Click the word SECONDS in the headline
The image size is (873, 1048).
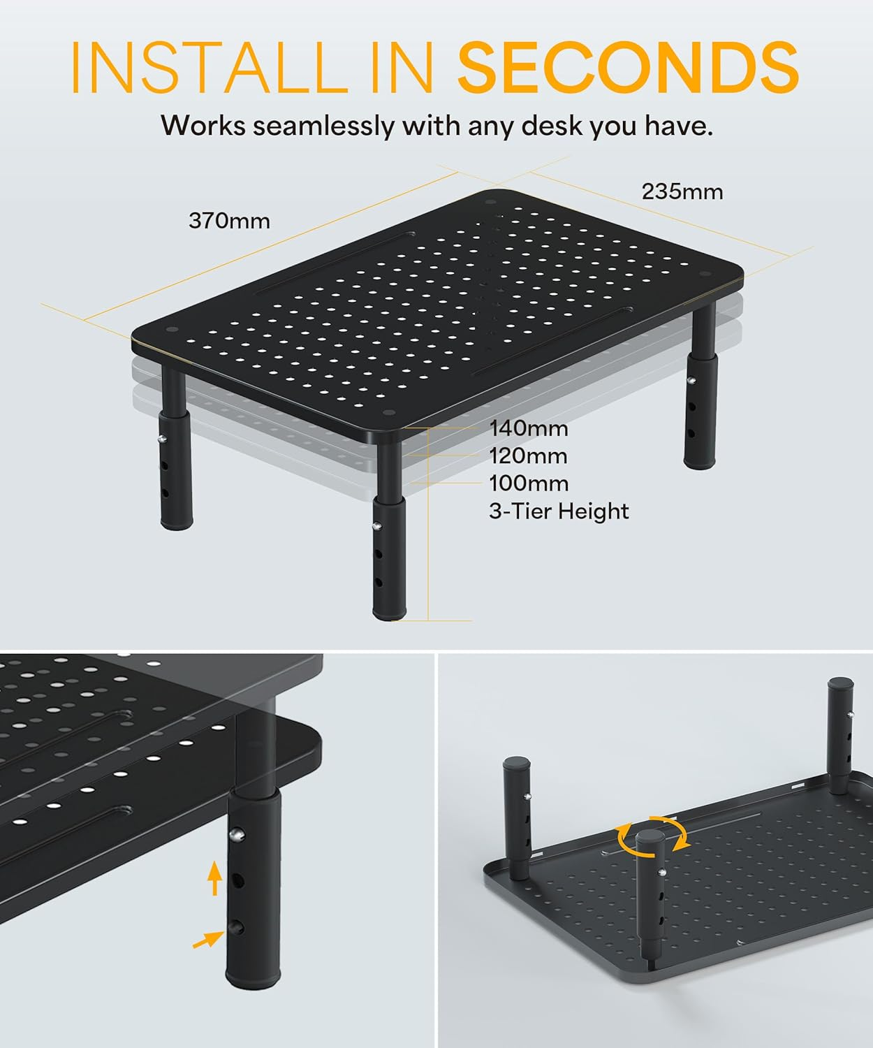click(627, 67)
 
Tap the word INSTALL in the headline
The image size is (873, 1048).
click(210, 67)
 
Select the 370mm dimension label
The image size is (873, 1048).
click(229, 221)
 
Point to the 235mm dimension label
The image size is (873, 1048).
click(682, 191)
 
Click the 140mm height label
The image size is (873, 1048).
click(528, 428)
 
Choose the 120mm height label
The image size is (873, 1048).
click(528, 456)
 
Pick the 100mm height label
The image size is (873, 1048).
click(528, 483)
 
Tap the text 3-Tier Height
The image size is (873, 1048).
click(559, 511)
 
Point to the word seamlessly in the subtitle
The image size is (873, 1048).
click(323, 126)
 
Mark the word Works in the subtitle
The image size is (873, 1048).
click(203, 126)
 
